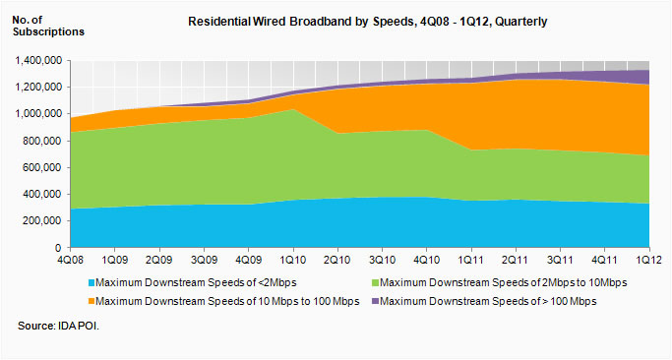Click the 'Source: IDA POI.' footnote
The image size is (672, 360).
point(59,325)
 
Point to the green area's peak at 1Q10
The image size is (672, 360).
point(290,110)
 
